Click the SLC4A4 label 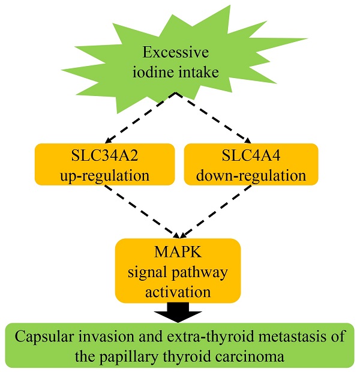click(x=251, y=158)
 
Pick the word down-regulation click(x=251, y=176)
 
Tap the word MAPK click(x=178, y=253)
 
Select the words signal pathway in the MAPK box click(x=178, y=272)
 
